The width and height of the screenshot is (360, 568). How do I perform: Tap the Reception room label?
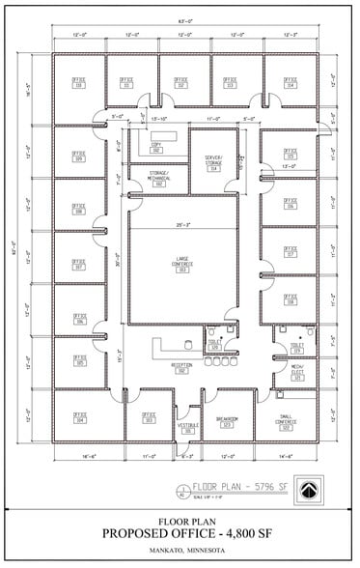pyautogui.click(x=181, y=366)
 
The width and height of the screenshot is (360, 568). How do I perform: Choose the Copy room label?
pyautogui.click(x=155, y=147)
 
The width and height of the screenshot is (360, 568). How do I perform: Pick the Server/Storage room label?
pyautogui.click(x=213, y=163)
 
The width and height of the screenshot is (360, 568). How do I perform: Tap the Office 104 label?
pyautogui.click(x=80, y=418)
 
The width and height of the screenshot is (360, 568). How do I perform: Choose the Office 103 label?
pyautogui.click(x=149, y=418)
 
